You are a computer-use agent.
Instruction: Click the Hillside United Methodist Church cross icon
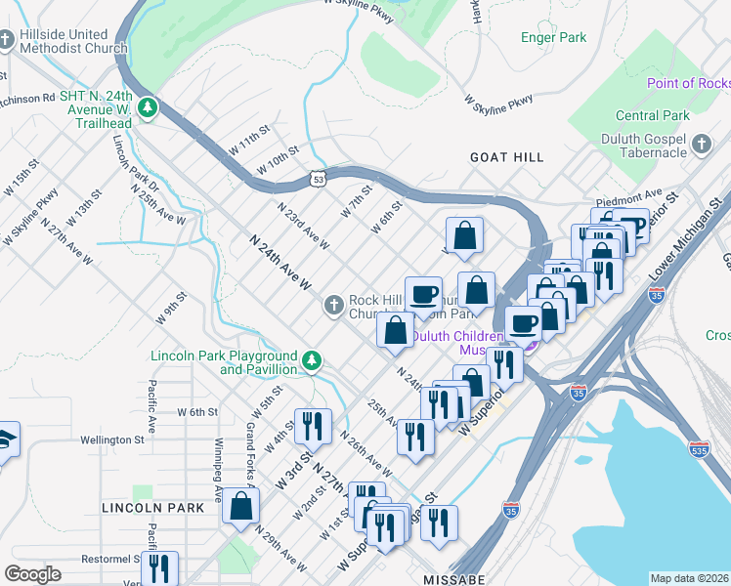[7, 40]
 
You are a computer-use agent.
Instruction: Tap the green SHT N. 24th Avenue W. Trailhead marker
[149, 106]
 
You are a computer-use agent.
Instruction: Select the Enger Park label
[553, 38]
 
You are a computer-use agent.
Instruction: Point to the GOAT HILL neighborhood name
[506, 156]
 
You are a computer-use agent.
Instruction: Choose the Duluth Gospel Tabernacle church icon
[701, 146]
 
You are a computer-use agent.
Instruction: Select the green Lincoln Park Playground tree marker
[312, 361]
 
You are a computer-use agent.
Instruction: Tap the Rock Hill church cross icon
[333, 307]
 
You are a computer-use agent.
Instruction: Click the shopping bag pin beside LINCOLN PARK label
[241, 506]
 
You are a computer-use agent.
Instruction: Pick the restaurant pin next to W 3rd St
[313, 424]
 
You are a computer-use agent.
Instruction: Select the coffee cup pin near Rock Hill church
[424, 293]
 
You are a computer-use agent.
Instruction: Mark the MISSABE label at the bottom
[454, 579]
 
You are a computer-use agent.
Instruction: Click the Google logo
[33, 573]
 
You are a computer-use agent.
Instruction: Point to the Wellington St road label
[111, 439]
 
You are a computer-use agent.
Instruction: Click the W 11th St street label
[249, 143]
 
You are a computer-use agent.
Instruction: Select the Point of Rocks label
[688, 84]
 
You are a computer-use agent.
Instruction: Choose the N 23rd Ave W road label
[303, 225]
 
